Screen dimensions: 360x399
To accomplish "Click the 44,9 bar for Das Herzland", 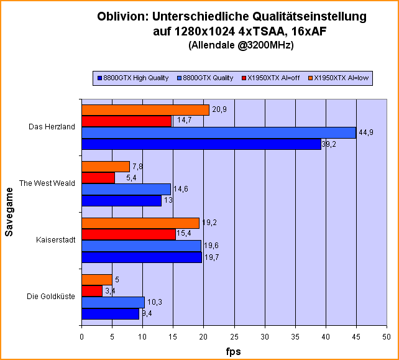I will point(218,132).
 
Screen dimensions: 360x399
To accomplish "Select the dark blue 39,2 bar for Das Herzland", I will point(201,144).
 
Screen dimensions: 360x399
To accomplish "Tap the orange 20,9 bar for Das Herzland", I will point(145,110).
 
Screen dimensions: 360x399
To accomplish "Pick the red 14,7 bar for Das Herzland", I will point(126,121).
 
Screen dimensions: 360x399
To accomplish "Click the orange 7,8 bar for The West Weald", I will point(105,167).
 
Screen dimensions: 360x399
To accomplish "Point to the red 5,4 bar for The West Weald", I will point(98,178).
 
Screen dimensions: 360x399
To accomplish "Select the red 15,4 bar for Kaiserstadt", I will point(128,234).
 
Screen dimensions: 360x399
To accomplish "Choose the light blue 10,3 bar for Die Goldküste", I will point(112,302).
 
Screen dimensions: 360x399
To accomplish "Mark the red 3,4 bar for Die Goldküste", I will point(91,291).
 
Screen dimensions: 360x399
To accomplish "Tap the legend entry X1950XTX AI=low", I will point(341,78).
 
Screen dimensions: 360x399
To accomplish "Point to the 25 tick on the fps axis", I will point(234,336).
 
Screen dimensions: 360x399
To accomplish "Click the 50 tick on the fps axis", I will point(386,336).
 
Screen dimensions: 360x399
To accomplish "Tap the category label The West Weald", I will point(47,183).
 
